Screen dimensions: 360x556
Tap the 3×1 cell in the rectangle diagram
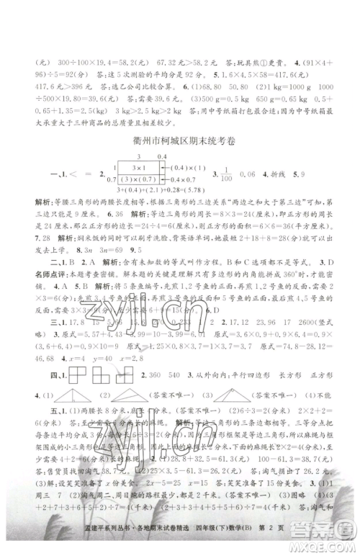(135, 168)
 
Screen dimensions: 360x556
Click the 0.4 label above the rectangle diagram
(161, 156)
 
